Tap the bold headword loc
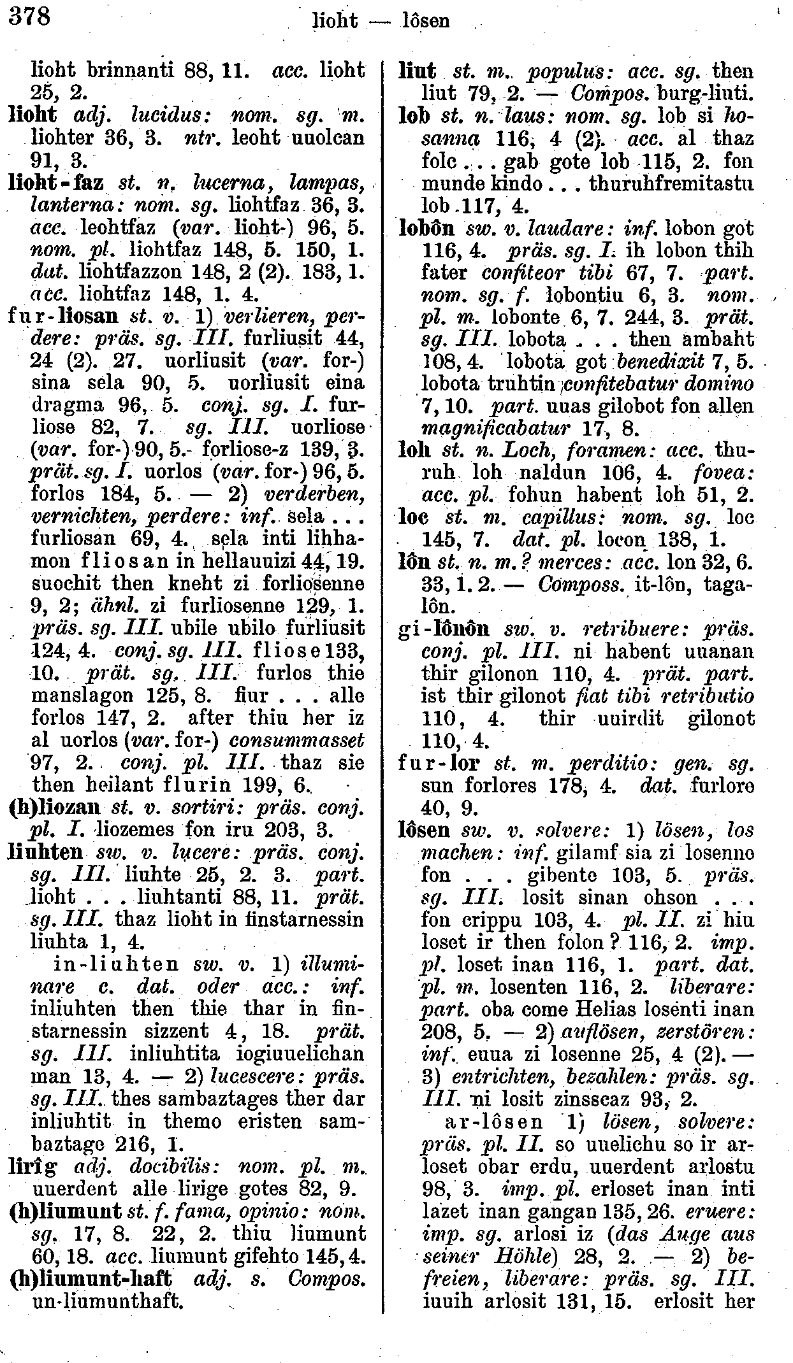pyautogui.click(x=411, y=518)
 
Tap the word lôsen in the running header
pyautogui.click(x=426, y=21)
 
